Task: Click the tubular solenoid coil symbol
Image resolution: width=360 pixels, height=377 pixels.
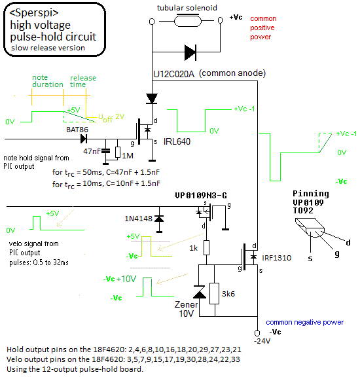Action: click(188, 20)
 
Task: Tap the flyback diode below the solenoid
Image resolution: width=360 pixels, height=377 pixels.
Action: click(190, 52)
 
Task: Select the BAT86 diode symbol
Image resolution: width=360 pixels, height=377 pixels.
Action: click(84, 139)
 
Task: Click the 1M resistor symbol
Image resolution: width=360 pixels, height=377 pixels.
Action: click(118, 152)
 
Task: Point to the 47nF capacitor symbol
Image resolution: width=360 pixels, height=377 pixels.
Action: click(105, 151)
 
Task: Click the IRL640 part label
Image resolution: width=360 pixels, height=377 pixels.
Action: click(177, 141)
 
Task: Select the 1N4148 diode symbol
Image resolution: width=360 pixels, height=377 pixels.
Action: click(159, 219)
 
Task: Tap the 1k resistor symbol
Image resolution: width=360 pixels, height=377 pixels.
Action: click(206, 247)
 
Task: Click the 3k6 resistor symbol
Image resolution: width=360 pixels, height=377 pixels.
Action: click(215, 294)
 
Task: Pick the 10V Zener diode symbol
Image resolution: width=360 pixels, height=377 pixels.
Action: click(199, 292)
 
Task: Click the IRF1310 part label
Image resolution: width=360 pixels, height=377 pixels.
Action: click(277, 258)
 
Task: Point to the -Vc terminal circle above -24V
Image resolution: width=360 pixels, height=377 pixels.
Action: click(257, 333)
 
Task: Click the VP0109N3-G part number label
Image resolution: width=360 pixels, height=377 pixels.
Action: click(201, 196)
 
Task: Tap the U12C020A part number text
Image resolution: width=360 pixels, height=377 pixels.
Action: click(173, 74)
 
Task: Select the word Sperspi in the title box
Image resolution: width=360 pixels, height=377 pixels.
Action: click(34, 13)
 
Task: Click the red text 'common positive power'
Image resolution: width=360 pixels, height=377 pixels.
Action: click(263, 27)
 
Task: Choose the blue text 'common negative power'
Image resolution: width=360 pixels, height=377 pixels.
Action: click(304, 322)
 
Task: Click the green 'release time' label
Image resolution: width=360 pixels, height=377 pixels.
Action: click(83, 81)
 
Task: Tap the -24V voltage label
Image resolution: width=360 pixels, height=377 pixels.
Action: click(262, 341)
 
